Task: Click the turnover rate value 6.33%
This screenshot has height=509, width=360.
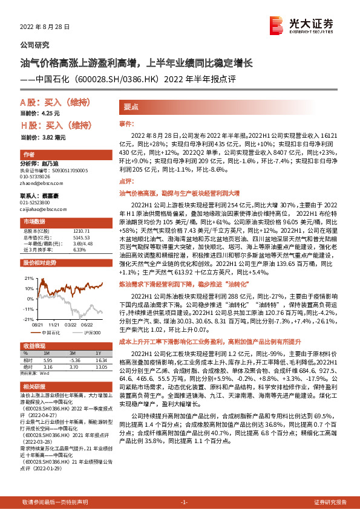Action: [x=79, y=249]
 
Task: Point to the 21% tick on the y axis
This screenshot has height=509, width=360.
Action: [x=28, y=278]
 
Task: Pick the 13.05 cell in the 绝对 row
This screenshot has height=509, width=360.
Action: [x=101, y=366]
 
